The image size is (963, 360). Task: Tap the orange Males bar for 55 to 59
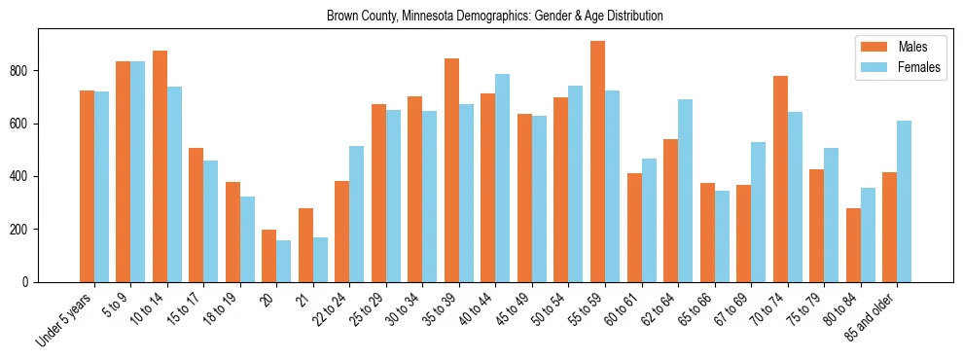pyautogui.click(x=597, y=162)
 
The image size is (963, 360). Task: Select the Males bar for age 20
pyautogui.click(x=269, y=256)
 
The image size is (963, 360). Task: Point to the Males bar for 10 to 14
pyautogui.click(x=160, y=166)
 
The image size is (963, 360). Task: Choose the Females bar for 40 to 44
pyautogui.click(x=503, y=178)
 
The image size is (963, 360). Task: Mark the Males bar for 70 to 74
pyautogui.click(x=780, y=179)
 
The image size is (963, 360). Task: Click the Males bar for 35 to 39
pyautogui.click(x=451, y=170)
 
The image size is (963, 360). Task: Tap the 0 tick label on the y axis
pyautogui.click(x=30, y=282)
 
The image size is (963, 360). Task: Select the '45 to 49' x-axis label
pyautogui.click(x=512, y=310)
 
